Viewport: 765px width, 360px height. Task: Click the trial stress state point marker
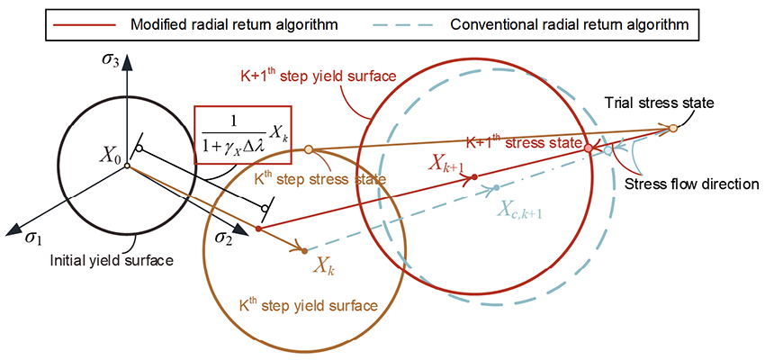[673, 129]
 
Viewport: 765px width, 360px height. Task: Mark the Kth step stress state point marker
[308, 149]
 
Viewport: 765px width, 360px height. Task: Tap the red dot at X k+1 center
[474, 176]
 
